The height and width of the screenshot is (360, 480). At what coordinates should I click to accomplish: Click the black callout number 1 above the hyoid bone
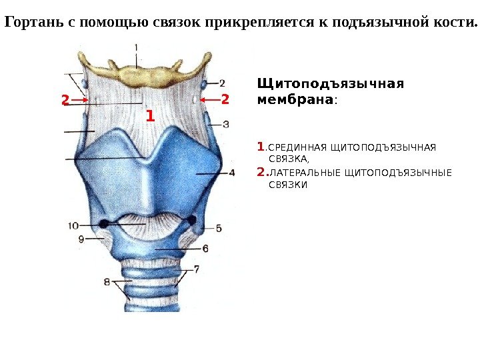tap(136, 48)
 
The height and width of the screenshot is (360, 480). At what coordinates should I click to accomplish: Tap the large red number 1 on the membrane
tap(149, 117)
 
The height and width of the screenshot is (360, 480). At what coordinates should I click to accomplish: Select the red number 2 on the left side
tap(65, 100)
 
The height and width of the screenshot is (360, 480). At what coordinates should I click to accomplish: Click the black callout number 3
tap(227, 124)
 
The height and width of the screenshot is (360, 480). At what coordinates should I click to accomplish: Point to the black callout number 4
tap(231, 173)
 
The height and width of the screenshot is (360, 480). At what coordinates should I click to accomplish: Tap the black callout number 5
tap(219, 228)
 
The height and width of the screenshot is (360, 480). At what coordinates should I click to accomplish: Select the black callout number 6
tap(205, 248)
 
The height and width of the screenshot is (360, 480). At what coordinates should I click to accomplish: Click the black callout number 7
tap(197, 270)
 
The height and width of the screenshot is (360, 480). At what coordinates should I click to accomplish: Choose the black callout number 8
tap(107, 282)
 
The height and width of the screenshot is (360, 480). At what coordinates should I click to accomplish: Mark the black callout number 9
tap(81, 238)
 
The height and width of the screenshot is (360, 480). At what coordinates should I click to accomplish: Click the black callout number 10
tap(73, 225)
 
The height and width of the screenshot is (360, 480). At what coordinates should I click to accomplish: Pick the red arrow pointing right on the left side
tap(81, 100)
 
